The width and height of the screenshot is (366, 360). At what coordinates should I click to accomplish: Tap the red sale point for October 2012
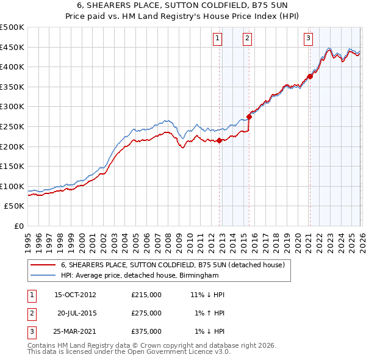pos(220,140)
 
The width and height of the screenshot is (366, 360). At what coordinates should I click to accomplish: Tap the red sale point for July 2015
pos(249,117)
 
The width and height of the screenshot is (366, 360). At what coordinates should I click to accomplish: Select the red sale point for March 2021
pos(310,76)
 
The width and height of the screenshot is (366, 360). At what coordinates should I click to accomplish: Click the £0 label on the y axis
pos(18,226)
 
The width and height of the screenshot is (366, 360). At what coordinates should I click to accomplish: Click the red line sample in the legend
pos(43,265)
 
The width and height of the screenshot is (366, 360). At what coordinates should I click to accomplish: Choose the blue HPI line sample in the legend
pos(43,276)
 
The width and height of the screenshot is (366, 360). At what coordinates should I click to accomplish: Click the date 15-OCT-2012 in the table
pos(75,295)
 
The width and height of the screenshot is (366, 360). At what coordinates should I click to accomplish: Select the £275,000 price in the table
pos(146,313)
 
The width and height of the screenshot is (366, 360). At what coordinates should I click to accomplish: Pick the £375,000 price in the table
pos(146,331)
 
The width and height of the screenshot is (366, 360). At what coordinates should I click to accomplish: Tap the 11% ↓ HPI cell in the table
pos(207,295)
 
